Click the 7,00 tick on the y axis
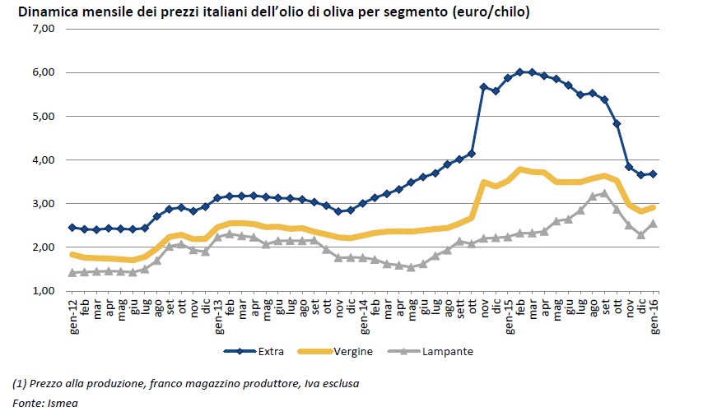coord(43,29)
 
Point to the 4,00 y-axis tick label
coord(43,159)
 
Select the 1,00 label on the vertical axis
coord(43,291)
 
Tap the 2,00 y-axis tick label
coord(43,247)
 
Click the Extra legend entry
coord(268,351)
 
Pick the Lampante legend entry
coord(447,351)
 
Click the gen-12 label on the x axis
coord(72,313)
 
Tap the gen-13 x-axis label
coord(218,313)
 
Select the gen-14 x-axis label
coord(364,313)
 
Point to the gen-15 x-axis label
coord(509,313)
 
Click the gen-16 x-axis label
coord(654,313)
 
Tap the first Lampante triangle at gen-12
coord(72,272)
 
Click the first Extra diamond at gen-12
coord(72,227)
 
